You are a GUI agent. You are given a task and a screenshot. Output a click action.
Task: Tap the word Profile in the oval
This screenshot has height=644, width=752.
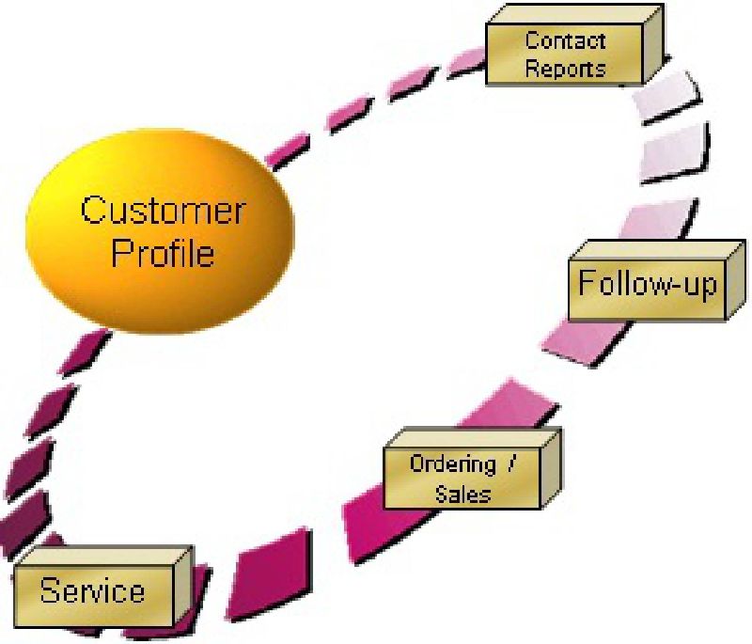pos(162,253)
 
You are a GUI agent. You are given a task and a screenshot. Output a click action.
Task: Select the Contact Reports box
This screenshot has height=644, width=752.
pos(564,54)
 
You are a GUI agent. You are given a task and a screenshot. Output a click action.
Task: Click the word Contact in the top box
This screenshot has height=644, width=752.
pos(565,40)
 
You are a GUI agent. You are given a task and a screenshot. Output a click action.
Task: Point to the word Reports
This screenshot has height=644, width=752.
pos(565,68)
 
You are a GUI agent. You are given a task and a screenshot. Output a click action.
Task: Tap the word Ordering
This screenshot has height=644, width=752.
pos(452,463)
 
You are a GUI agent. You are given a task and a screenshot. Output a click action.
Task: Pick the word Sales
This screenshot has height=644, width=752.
pos(463,493)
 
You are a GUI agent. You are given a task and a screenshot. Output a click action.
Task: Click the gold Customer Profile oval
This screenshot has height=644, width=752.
pos(161,230)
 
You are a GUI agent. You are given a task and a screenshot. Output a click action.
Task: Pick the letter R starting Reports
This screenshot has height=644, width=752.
pos(532,68)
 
